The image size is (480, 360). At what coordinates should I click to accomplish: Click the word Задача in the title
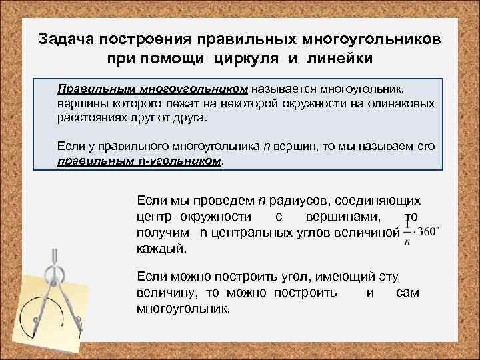(x=69, y=39)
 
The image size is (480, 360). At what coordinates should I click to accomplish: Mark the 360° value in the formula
(x=427, y=232)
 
